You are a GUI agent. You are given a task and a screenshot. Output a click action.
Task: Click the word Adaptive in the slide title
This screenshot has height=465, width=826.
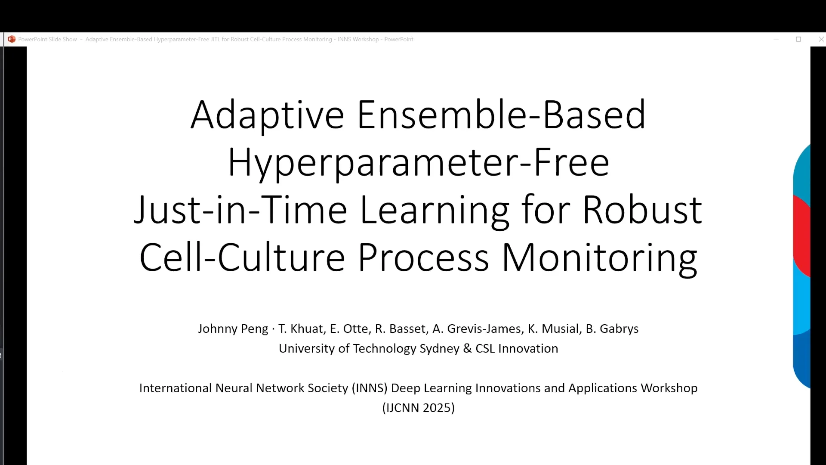267,115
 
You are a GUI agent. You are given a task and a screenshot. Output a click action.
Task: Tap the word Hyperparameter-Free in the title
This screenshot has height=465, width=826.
418,162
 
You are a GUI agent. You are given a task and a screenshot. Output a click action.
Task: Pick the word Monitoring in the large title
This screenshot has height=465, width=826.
599,258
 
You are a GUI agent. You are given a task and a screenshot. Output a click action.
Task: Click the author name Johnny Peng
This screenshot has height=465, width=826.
233,329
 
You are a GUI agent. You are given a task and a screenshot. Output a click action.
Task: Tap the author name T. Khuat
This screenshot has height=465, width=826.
301,329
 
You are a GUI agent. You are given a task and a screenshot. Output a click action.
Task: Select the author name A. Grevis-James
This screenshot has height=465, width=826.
477,329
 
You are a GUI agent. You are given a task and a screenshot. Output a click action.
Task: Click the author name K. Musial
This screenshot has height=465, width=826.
553,329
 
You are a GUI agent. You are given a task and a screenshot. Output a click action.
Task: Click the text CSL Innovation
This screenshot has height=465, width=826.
517,348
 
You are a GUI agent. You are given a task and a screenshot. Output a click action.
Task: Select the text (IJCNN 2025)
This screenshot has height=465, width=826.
419,408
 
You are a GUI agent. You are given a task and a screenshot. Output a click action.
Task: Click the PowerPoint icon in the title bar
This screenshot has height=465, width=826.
12,39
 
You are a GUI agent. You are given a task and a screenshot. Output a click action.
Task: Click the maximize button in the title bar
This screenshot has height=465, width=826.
798,39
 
